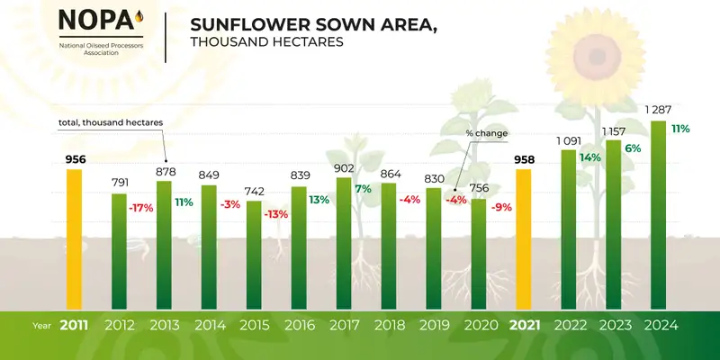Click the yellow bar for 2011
click(74, 238)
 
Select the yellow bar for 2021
click(524, 238)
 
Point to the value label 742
click(254, 191)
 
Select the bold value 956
click(75, 160)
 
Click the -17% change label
click(140, 209)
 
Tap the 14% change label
click(590, 157)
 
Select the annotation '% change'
click(486, 133)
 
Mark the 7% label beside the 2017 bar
click(364, 189)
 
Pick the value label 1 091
click(569, 140)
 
